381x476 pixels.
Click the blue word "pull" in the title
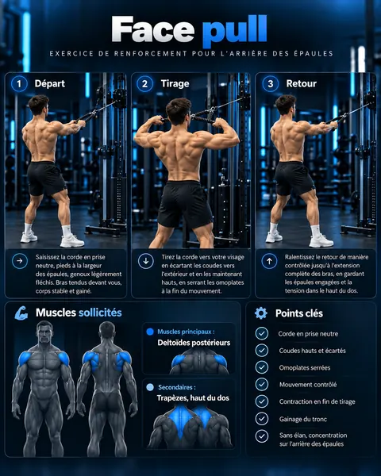[x=235, y=30]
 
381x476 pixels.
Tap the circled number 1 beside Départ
[x=19, y=83]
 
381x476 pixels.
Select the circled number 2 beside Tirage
[x=144, y=83]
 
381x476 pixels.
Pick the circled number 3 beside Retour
[x=270, y=83]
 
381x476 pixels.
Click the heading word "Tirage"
[x=175, y=83]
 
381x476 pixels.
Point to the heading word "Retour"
[x=302, y=83]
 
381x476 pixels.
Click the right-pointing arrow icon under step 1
[x=20, y=261]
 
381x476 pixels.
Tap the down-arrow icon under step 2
[x=146, y=261]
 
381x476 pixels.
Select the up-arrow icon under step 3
[x=269, y=261]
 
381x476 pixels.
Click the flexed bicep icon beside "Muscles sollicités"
[x=21, y=313]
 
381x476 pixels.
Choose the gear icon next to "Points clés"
[x=261, y=313]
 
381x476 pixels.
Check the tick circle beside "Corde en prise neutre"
[x=262, y=333]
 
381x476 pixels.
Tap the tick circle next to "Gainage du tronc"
[x=262, y=419]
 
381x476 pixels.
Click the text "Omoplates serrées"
[x=305, y=367]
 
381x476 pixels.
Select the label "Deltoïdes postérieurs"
[x=194, y=343]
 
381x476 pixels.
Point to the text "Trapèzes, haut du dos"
[x=193, y=398]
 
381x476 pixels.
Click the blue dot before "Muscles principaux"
[x=150, y=332]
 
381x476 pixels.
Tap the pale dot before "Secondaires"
[x=150, y=387]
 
